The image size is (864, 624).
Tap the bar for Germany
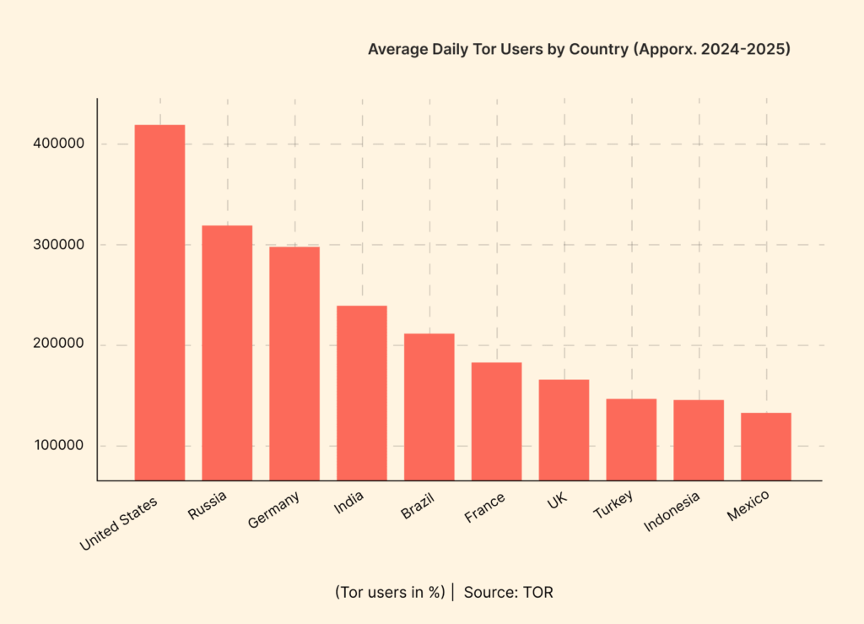click(294, 363)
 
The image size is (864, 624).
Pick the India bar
click(362, 393)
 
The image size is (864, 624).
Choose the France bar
click(496, 421)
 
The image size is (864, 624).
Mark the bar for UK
click(564, 430)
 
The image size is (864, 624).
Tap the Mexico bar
click(766, 446)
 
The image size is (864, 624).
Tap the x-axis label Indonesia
click(672, 513)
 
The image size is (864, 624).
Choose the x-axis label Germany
click(273, 511)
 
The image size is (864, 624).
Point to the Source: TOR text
click(508, 592)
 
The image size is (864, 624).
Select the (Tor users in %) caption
click(389, 592)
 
